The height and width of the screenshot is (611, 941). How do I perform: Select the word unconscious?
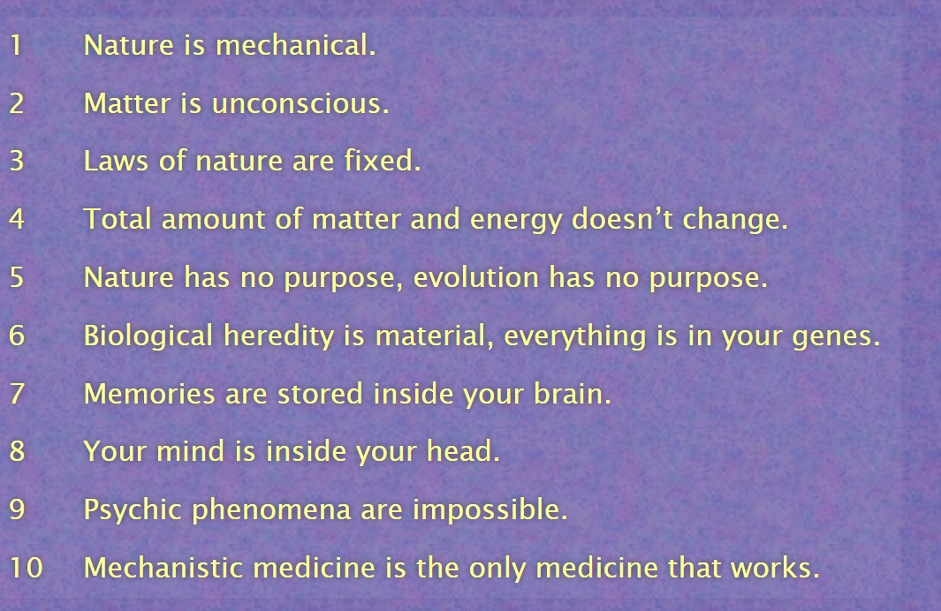pyautogui.click(x=300, y=103)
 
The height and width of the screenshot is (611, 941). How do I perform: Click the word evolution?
pyautogui.click(x=476, y=277)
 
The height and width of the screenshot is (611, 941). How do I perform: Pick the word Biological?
pyautogui.click(x=148, y=336)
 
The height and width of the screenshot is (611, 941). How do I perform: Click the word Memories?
pyautogui.click(x=149, y=394)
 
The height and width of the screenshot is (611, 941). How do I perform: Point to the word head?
pyautogui.click(x=463, y=451)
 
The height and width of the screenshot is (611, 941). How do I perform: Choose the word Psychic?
pyautogui.click(x=133, y=510)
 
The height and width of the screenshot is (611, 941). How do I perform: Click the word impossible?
pyautogui.click(x=489, y=510)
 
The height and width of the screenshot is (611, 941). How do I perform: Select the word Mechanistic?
pyautogui.click(x=163, y=567)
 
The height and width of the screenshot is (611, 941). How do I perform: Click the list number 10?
pyautogui.click(x=27, y=567)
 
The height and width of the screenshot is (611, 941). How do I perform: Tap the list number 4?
pyautogui.click(x=17, y=219)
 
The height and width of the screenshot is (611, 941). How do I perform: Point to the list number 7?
pyautogui.click(x=18, y=394)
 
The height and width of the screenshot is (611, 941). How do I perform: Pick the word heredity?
pyautogui.click(x=278, y=336)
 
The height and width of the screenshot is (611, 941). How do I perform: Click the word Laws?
pyautogui.click(x=116, y=161)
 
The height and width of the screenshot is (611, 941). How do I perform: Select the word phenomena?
pyautogui.click(x=271, y=510)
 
